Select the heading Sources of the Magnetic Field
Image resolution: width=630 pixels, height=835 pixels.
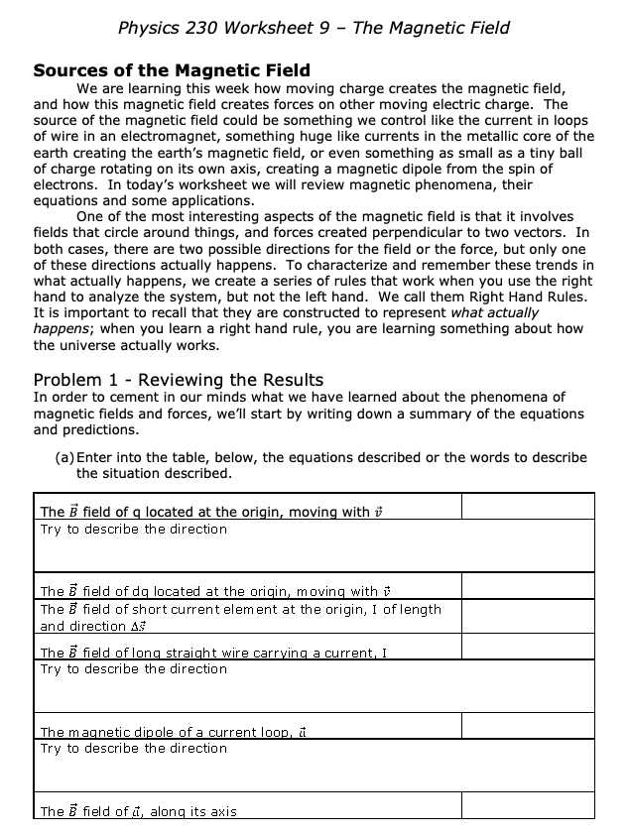[x=172, y=70]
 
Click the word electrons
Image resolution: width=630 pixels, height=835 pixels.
[x=64, y=184]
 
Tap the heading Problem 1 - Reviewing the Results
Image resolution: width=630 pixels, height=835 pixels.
[x=179, y=380]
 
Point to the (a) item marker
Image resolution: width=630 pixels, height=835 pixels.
[x=64, y=457]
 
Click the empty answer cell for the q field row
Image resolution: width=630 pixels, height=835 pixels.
[x=527, y=507]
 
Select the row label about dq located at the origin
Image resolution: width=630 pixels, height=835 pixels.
[x=209, y=591]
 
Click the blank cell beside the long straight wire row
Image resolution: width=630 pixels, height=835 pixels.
[x=527, y=647]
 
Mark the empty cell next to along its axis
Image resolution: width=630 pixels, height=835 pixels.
[x=527, y=805]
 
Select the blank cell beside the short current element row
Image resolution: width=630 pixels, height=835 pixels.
[x=527, y=616]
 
